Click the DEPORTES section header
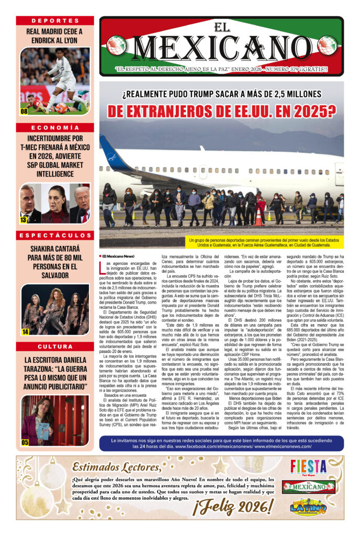coord(55,20)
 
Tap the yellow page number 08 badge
coord(24,111)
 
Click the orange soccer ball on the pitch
coord(61,109)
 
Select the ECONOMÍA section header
coord(55,128)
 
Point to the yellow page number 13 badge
coord(24,220)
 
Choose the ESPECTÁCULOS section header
coord(55,236)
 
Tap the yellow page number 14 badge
coord(25,332)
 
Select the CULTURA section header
coord(55,347)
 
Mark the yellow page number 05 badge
coord(25,442)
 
